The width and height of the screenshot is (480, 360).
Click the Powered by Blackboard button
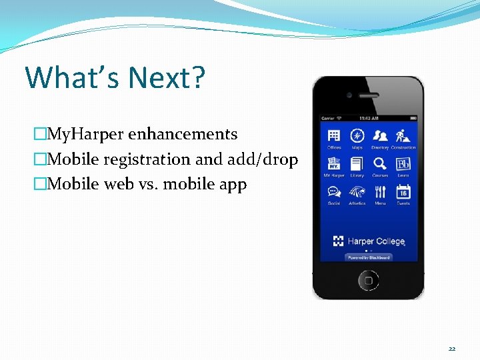click(368, 257)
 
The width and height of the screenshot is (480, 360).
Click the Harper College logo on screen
click(368, 241)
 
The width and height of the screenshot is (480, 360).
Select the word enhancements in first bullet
click(183, 134)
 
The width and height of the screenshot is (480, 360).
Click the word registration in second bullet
click(143, 159)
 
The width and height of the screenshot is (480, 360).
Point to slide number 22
click(452, 348)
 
